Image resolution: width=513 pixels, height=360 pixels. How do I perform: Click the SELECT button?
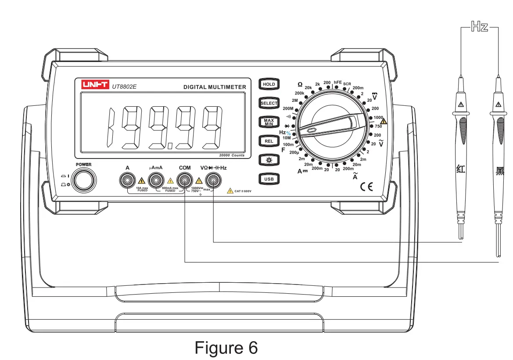tap(269, 103)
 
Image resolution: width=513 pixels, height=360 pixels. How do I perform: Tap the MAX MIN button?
tap(269, 122)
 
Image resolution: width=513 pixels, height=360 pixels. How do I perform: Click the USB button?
tap(269, 179)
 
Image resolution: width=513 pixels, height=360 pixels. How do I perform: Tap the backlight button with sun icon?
tap(269, 160)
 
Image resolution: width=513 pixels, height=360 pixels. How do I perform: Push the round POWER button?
tap(84, 180)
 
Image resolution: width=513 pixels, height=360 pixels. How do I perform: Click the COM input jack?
tap(185, 180)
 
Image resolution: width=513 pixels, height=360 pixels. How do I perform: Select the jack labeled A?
tap(128, 180)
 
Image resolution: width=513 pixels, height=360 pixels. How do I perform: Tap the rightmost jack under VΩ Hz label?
tap(213, 180)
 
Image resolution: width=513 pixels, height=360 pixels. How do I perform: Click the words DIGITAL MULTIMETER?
tap(215, 87)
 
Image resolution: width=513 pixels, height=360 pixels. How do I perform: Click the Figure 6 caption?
tap(226, 347)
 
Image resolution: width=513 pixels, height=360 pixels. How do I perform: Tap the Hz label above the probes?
tap(480, 27)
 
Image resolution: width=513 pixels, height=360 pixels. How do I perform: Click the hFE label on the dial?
tap(337, 83)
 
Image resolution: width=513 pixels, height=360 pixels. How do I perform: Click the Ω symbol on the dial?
tap(300, 84)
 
